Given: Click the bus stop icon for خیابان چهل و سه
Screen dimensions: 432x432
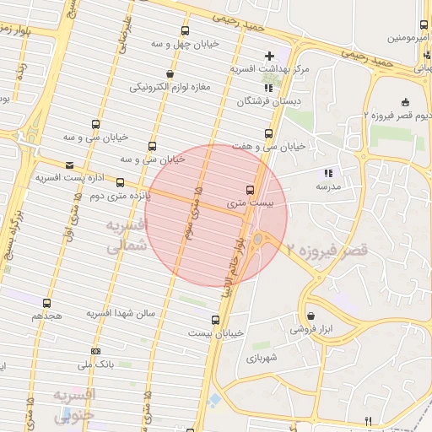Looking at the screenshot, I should tap(186, 30).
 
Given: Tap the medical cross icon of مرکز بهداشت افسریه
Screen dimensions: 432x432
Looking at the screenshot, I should tap(269, 56).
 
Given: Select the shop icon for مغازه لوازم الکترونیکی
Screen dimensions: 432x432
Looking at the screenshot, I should tap(171, 74).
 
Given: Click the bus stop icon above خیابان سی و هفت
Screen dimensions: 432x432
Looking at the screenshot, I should tap(269, 133).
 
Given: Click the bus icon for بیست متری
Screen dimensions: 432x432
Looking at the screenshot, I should tap(250, 190).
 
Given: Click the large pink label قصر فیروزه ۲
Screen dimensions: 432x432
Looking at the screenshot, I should tap(328, 251).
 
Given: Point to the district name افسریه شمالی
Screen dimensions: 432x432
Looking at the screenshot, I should tap(127, 236).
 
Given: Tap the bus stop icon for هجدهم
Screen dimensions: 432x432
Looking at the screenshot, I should tap(46, 303).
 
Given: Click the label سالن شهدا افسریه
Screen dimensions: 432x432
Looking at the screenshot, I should tap(122, 313).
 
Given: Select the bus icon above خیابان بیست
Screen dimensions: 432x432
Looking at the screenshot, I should tap(216, 320).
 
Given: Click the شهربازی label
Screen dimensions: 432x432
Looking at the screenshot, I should tap(267, 358).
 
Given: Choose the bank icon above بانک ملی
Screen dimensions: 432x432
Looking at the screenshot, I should tap(95, 352).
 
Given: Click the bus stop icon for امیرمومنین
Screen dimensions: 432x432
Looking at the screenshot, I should tap(424, 24).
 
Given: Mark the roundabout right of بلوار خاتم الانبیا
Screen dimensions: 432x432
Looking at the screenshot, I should tap(257, 240).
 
